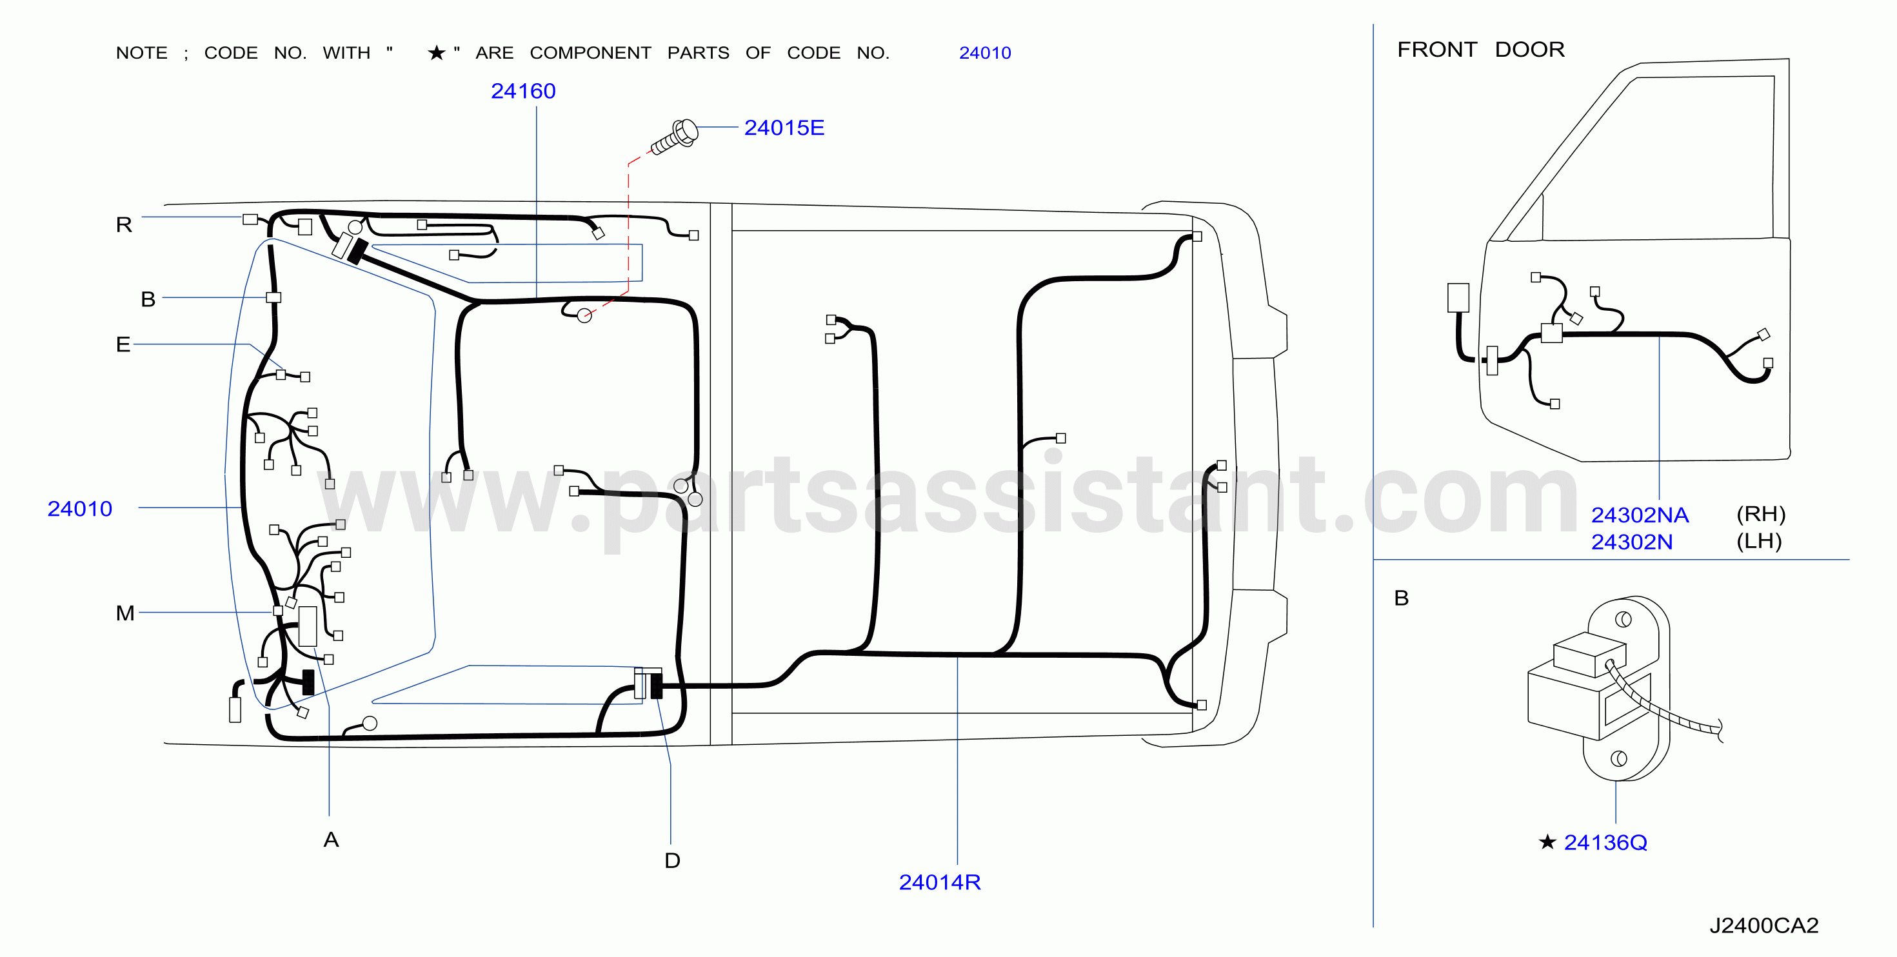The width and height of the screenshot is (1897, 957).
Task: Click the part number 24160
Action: (x=523, y=92)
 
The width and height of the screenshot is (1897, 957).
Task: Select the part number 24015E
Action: (x=784, y=128)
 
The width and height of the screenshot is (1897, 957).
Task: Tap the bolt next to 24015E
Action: (x=675, y=137)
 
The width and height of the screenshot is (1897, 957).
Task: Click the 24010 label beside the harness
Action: (x=79, y=509)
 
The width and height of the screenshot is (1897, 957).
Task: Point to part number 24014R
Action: (x=940, y=882)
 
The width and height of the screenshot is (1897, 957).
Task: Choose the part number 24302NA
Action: (x=1640, y=515)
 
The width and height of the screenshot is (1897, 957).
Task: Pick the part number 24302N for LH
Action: (x=1632, y=542)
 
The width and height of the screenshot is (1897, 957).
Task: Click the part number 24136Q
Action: (x=1605, y=842)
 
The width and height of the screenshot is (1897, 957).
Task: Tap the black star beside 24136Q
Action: (x=1547, y=842)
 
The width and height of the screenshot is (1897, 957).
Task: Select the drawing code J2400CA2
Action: (x=1763, y=925)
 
